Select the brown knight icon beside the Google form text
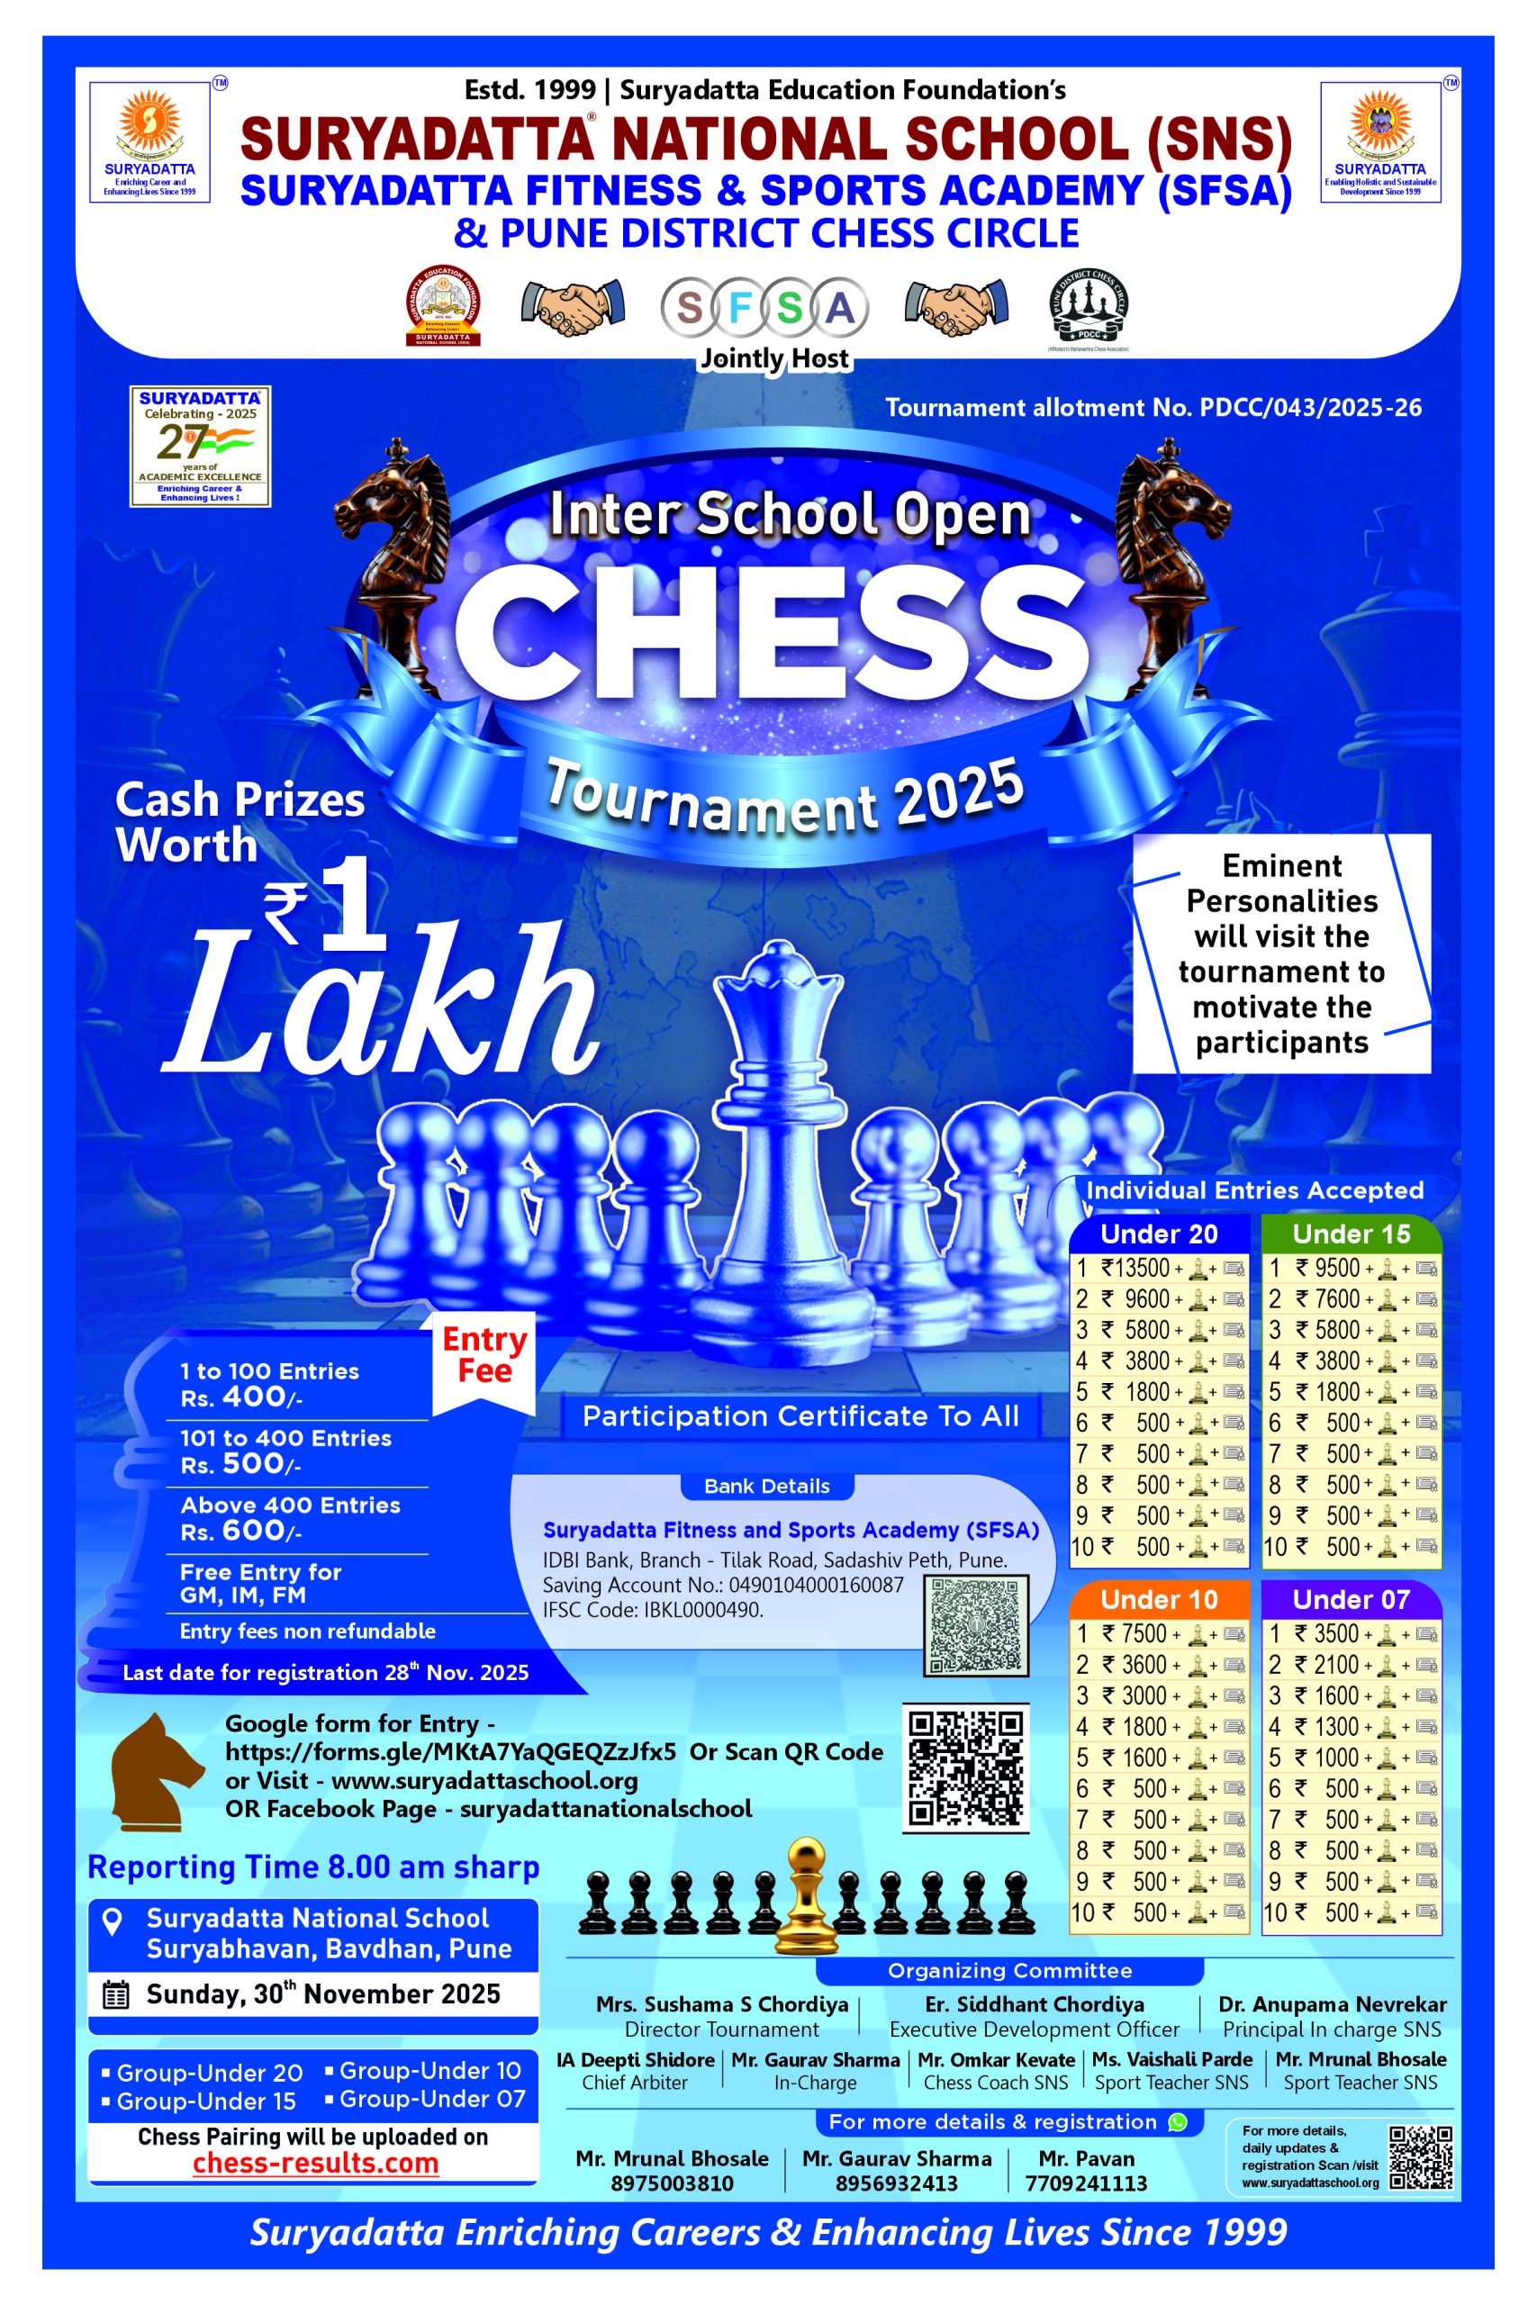156,1772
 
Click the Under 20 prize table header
1159,1234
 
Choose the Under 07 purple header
1351,1599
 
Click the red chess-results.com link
316,2163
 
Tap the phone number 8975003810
672,2183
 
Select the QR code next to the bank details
976,1625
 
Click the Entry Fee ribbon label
484,1355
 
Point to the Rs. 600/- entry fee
241,1531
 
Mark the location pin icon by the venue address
113,1921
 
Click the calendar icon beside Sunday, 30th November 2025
115,1995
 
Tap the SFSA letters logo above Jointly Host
764,309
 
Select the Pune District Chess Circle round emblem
1088,308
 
